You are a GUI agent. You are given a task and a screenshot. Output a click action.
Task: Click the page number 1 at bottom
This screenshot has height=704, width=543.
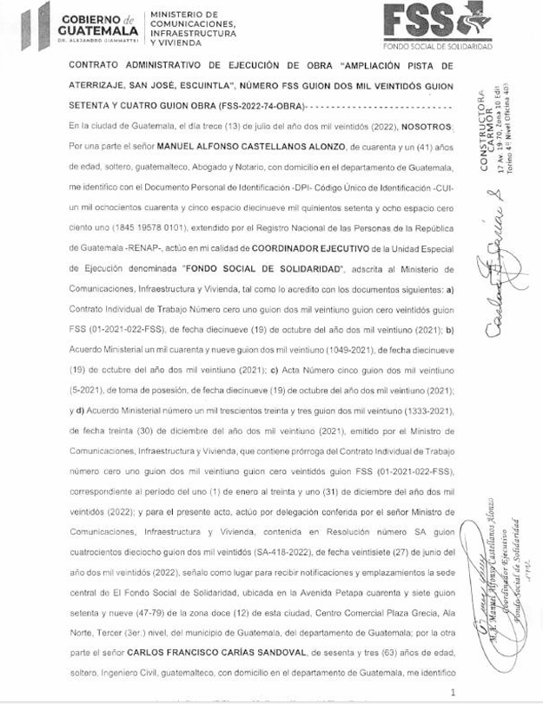(454, 693)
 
